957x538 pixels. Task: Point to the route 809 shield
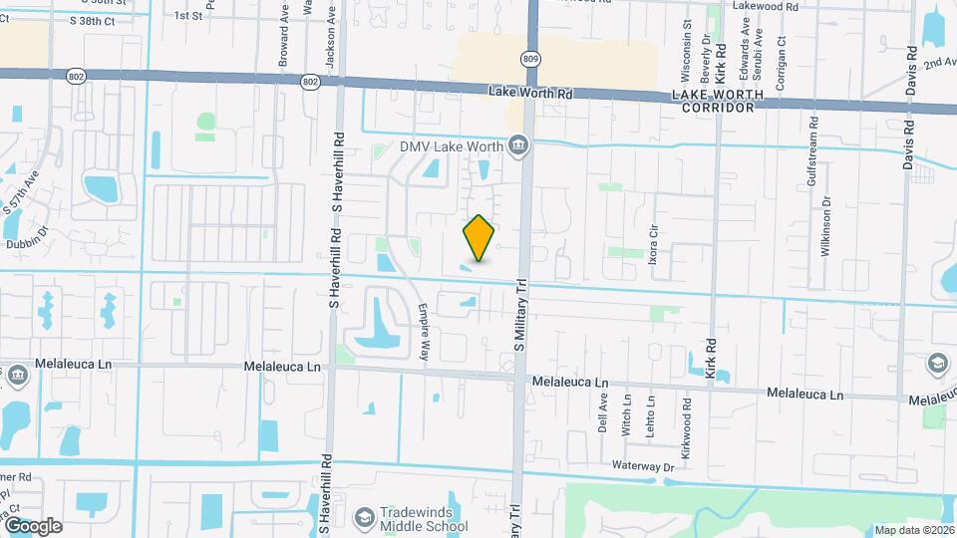coord(530,59)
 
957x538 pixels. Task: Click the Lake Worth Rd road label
coord(532,93)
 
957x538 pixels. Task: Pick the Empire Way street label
coord(425,331)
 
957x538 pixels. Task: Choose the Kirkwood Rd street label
coord(687,422)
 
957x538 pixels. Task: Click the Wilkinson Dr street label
coord(826,227)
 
